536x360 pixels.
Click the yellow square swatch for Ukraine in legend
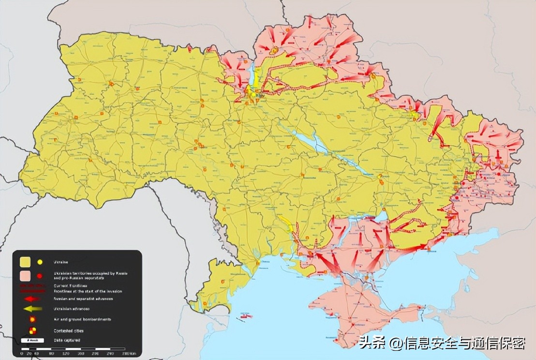25,262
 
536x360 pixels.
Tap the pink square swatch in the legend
25,276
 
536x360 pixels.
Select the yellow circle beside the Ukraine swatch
40,262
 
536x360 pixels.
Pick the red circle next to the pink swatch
40,276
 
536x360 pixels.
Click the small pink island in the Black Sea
246,316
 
